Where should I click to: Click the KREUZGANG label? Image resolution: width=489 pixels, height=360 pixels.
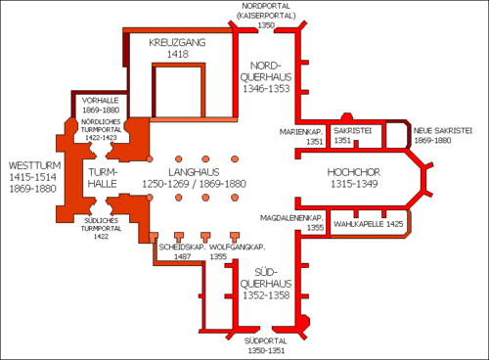[177, 42]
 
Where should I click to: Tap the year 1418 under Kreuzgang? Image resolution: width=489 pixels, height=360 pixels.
[178, 54]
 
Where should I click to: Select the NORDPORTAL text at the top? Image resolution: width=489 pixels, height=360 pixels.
[266, 6]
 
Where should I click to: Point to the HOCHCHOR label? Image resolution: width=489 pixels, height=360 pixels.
[354, 172]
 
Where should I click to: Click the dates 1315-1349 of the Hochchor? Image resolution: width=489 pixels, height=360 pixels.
[354, 184]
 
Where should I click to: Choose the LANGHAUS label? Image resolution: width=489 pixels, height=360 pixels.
[194, 172]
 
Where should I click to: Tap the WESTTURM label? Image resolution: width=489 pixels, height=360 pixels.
[34, 165]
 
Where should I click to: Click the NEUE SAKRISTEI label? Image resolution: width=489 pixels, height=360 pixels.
[443, 131]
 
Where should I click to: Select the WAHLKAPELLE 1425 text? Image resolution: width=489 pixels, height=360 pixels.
[369, 224]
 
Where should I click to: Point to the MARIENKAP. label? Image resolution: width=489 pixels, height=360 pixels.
[301, 132]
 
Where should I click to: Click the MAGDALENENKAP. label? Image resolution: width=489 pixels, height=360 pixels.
[291, 218]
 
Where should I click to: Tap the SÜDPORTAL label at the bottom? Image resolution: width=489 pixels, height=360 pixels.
[266, 341]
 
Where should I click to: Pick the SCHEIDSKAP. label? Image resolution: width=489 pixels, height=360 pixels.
[182, 247]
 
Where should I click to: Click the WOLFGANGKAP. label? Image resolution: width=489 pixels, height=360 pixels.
[238, 247]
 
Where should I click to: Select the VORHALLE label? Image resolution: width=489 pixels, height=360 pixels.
[101, 101]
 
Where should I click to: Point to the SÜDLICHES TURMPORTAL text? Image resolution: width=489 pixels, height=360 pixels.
[101, 224]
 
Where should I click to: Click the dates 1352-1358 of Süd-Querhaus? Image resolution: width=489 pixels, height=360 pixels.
[266, 295]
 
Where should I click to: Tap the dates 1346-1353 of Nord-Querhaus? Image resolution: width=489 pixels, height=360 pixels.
[266, 89]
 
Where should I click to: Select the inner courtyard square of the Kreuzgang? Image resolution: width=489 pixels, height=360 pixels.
[178, 92]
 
